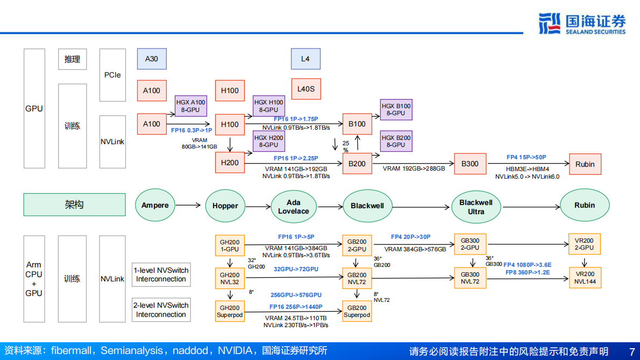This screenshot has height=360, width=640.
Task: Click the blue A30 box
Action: pos(152,59)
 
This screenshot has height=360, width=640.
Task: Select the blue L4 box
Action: pos(305,59)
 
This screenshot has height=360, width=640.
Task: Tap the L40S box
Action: pos(305,89)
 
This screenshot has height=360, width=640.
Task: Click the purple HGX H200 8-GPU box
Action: pos(268,142)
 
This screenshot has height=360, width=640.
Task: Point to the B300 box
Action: pos(470,164)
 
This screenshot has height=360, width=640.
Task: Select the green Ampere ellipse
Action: pos(155,206)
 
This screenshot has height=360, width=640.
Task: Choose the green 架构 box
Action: pos(74,205)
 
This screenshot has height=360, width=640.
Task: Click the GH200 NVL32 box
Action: pos(230,278)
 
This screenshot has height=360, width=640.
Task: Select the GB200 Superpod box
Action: pos(357,311)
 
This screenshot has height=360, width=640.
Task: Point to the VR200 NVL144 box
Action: pos(585,278)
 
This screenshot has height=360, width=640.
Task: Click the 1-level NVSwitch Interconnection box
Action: pos(161,275)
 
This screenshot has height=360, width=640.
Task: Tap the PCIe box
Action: pos(112,75)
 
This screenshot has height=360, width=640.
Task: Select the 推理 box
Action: pos(72,59)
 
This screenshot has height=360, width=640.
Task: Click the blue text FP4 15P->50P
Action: pos(526,157)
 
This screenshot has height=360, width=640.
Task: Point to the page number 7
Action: pos(632,351)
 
